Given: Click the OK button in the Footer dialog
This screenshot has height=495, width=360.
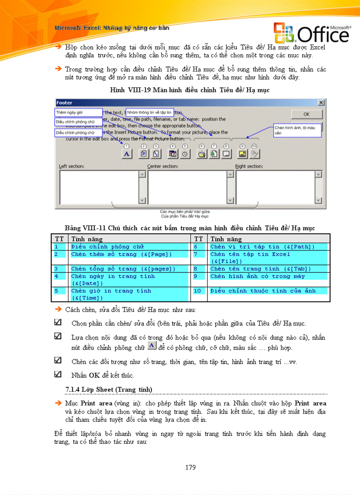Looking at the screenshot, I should point(306,114).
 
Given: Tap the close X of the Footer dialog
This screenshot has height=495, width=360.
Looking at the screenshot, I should point(321,102).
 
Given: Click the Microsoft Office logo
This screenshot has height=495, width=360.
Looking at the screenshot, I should point(311,33).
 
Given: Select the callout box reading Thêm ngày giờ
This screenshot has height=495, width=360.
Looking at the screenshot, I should point(79,113).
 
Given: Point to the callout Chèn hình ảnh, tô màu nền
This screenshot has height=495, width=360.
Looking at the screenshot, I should point(294,130).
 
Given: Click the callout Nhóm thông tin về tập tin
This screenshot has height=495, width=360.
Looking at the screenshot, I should point(150,113).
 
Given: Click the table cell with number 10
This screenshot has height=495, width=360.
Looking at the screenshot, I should point(197,291).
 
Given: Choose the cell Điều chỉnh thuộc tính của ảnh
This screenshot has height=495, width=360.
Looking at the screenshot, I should point(269,291).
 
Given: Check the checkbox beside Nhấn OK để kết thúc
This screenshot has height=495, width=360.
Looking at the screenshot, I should point(58,374).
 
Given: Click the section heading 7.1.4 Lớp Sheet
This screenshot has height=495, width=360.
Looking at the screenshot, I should point(108,389).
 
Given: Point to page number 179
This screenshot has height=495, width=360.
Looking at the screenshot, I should point(190,467).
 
